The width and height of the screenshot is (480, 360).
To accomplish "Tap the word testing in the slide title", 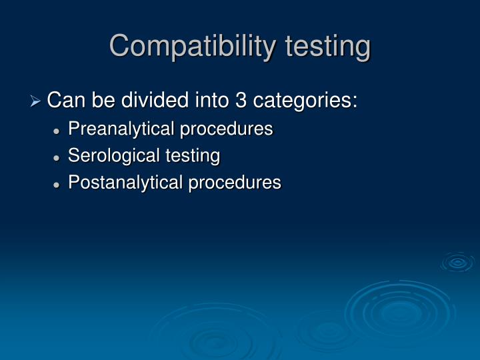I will (x=327, y=47).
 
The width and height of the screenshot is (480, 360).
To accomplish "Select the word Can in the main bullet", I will (x=63, y=101).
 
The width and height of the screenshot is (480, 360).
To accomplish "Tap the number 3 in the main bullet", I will (x=240, y=101).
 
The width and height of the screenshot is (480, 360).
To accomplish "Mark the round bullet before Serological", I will (x=58, y=157).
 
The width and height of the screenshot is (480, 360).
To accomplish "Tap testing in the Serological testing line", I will (x=192, y=157).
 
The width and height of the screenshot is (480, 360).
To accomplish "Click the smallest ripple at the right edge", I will (x=458, y=263).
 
